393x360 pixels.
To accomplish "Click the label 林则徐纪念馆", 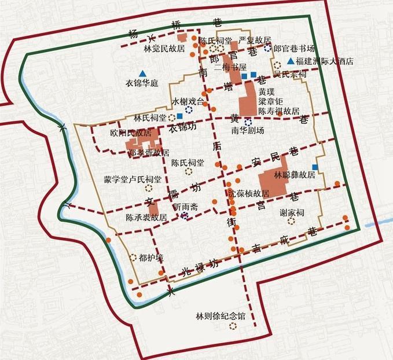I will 221,317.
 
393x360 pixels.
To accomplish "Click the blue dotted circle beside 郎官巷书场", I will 267,49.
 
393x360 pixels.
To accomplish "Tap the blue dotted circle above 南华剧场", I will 248,122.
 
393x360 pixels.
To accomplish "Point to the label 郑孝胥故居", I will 149,153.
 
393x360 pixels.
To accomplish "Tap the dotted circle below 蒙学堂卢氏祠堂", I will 149,188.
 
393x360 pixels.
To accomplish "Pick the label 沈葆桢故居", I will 249,193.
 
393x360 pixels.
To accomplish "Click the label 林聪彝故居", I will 295,174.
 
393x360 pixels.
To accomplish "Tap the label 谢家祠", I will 291,212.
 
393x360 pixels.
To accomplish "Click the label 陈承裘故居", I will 146,218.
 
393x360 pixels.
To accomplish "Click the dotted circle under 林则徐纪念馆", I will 233,326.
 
